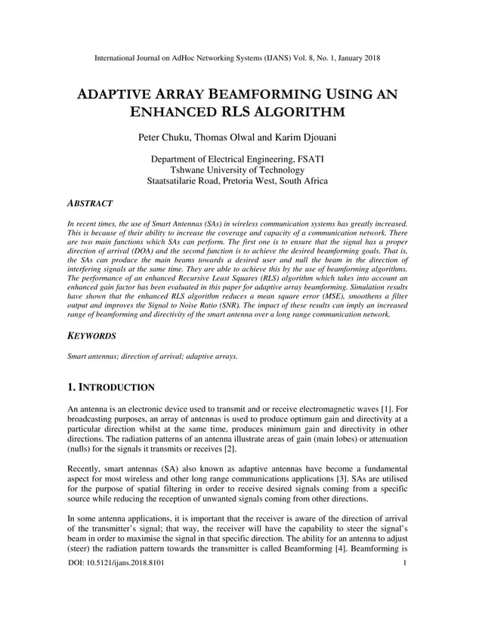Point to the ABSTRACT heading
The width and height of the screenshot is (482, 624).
click(x=90, y=204)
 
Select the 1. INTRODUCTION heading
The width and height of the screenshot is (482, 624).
click(x=111, y=388)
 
